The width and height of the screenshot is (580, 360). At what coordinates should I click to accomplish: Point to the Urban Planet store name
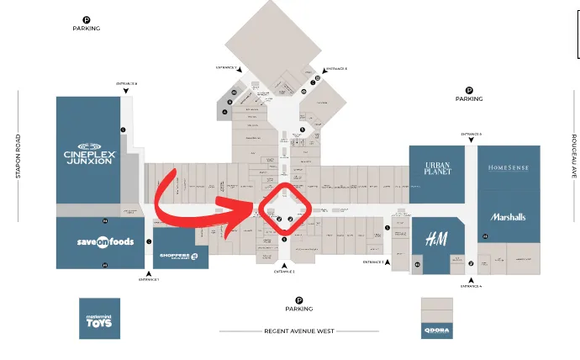pyautogui.click(x=438, y=168)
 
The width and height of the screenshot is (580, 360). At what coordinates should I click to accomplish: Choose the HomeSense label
pyautogui.click(x=509, y=168)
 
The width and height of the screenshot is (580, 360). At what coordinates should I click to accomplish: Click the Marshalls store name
pyautogui.click(x=508, y=217)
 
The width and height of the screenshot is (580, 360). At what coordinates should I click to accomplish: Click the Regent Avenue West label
pyautogui.click(x=298, y=331)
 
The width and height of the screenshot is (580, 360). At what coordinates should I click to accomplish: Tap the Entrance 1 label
pyautogui.click(x=149, y=279)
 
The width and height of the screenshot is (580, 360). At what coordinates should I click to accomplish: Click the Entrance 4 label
pyautogui.click(x=471, y=287)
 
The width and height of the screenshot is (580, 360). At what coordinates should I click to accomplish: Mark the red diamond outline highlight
pyautogui.click(x=286, y=209)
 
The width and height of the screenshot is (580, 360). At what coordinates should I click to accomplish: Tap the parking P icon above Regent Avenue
pyautogui.click(x=298, y=299)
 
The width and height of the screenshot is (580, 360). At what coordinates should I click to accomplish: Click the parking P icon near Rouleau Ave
pyautogui.click(x=469, y=90)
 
